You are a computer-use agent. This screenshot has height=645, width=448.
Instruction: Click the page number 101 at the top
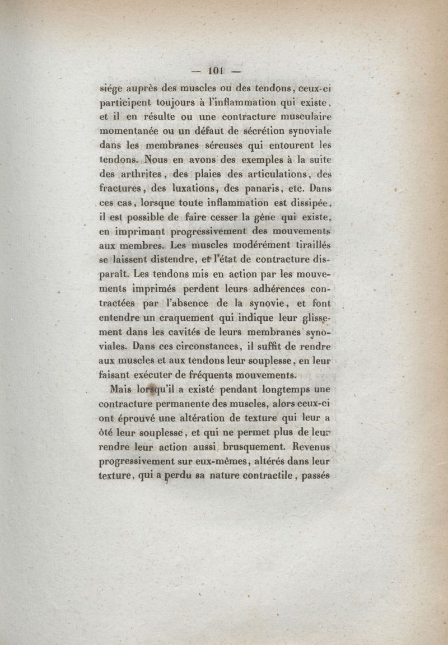click(x=216, y=71)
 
